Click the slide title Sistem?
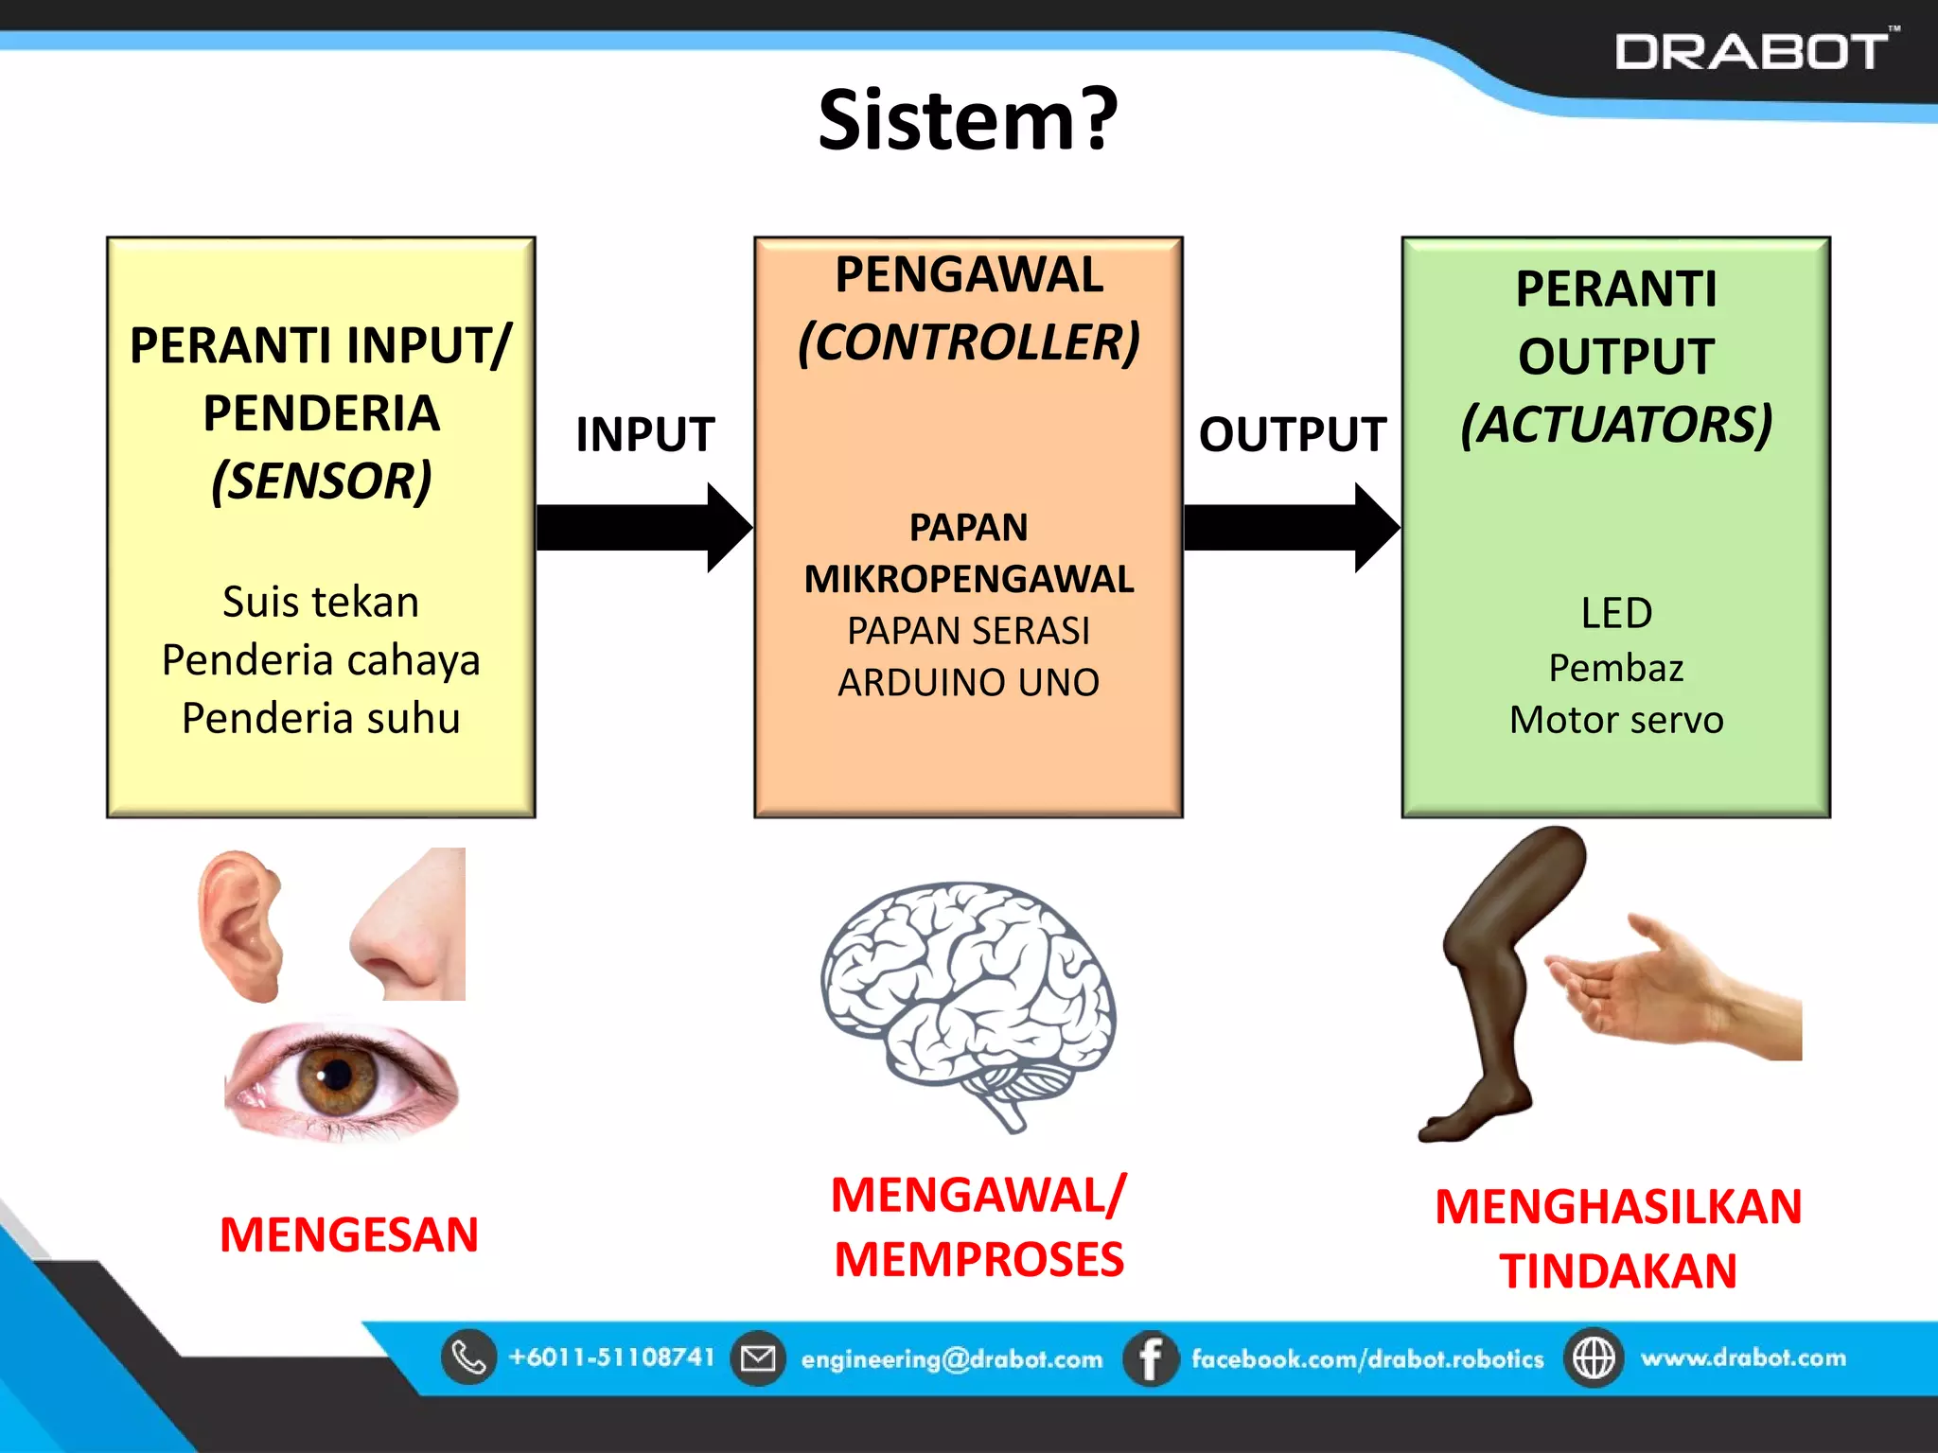pyautogui.click(x=968, y=120)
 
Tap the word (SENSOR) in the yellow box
pyautogui.click(x=321, y=481)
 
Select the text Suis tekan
pyautogui.click(x=321, y=603)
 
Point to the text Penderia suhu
pyautogui.click(x=321, y=718)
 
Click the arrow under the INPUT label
pyautogui.click(x=643, y=527)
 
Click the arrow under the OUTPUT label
pyautogui.click(x=1291, y=527)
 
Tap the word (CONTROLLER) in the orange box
pyautogui.click(x=968, y=342)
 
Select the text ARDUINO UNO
pyautogui.click(x=968, y=682)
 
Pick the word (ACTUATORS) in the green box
pyautogui.click(x=1615, y=424)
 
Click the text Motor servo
pyautogui.click(x=1615, y=720)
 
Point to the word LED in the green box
pyautogui.click(x=1615, y=613)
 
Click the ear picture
pyautogui.click(x=241, y=925)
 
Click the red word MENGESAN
pyautogui.click(x=348, y=1234)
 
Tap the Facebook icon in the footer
pyautogui.click(x=1150, y=1359)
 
